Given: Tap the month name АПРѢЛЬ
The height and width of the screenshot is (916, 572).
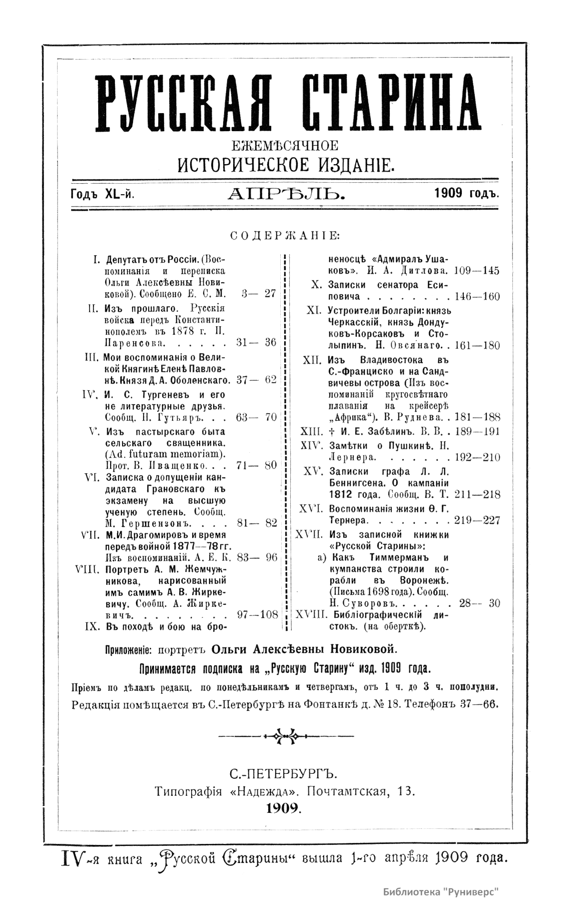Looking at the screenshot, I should point(286,194).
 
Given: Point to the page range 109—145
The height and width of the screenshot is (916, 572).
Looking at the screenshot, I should point(477,271).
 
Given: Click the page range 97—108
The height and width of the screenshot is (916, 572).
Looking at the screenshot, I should point(257,614).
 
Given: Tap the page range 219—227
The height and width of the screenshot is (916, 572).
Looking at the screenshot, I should point(477,520).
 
